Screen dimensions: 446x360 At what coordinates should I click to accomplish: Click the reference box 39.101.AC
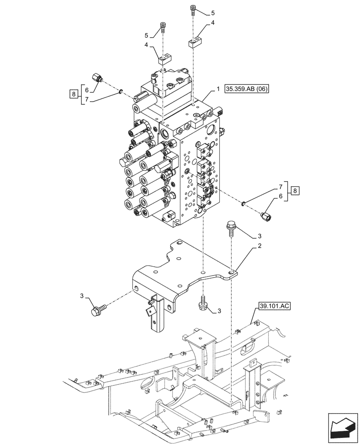tap(274, 306)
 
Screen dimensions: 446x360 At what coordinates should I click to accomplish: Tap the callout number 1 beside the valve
tap(218, 89)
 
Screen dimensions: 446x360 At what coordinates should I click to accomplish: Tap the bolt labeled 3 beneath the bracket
tap(203, 303)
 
